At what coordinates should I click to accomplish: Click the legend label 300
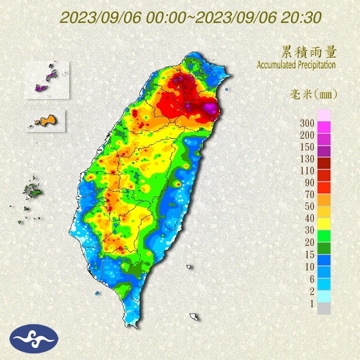(x=306, y=123)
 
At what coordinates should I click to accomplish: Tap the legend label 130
(x=306, y=159)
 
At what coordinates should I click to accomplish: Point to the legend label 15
(x=309, y=255)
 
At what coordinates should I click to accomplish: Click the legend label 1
(x=312, y=304)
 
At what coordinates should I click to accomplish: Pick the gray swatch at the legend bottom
(x=324, y=308)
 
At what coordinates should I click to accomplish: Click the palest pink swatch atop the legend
(x=324, y=115)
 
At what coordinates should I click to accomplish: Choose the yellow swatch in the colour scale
(x=324, y=223)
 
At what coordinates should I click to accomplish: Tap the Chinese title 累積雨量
(x=308, y=52)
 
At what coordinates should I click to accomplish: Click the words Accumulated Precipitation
(x=296, y=65)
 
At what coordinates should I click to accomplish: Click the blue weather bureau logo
(x=34, y=338)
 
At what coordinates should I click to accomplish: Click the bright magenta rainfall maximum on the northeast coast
(x=210, y=108)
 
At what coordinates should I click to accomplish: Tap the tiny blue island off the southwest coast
(x=97, y=293)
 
